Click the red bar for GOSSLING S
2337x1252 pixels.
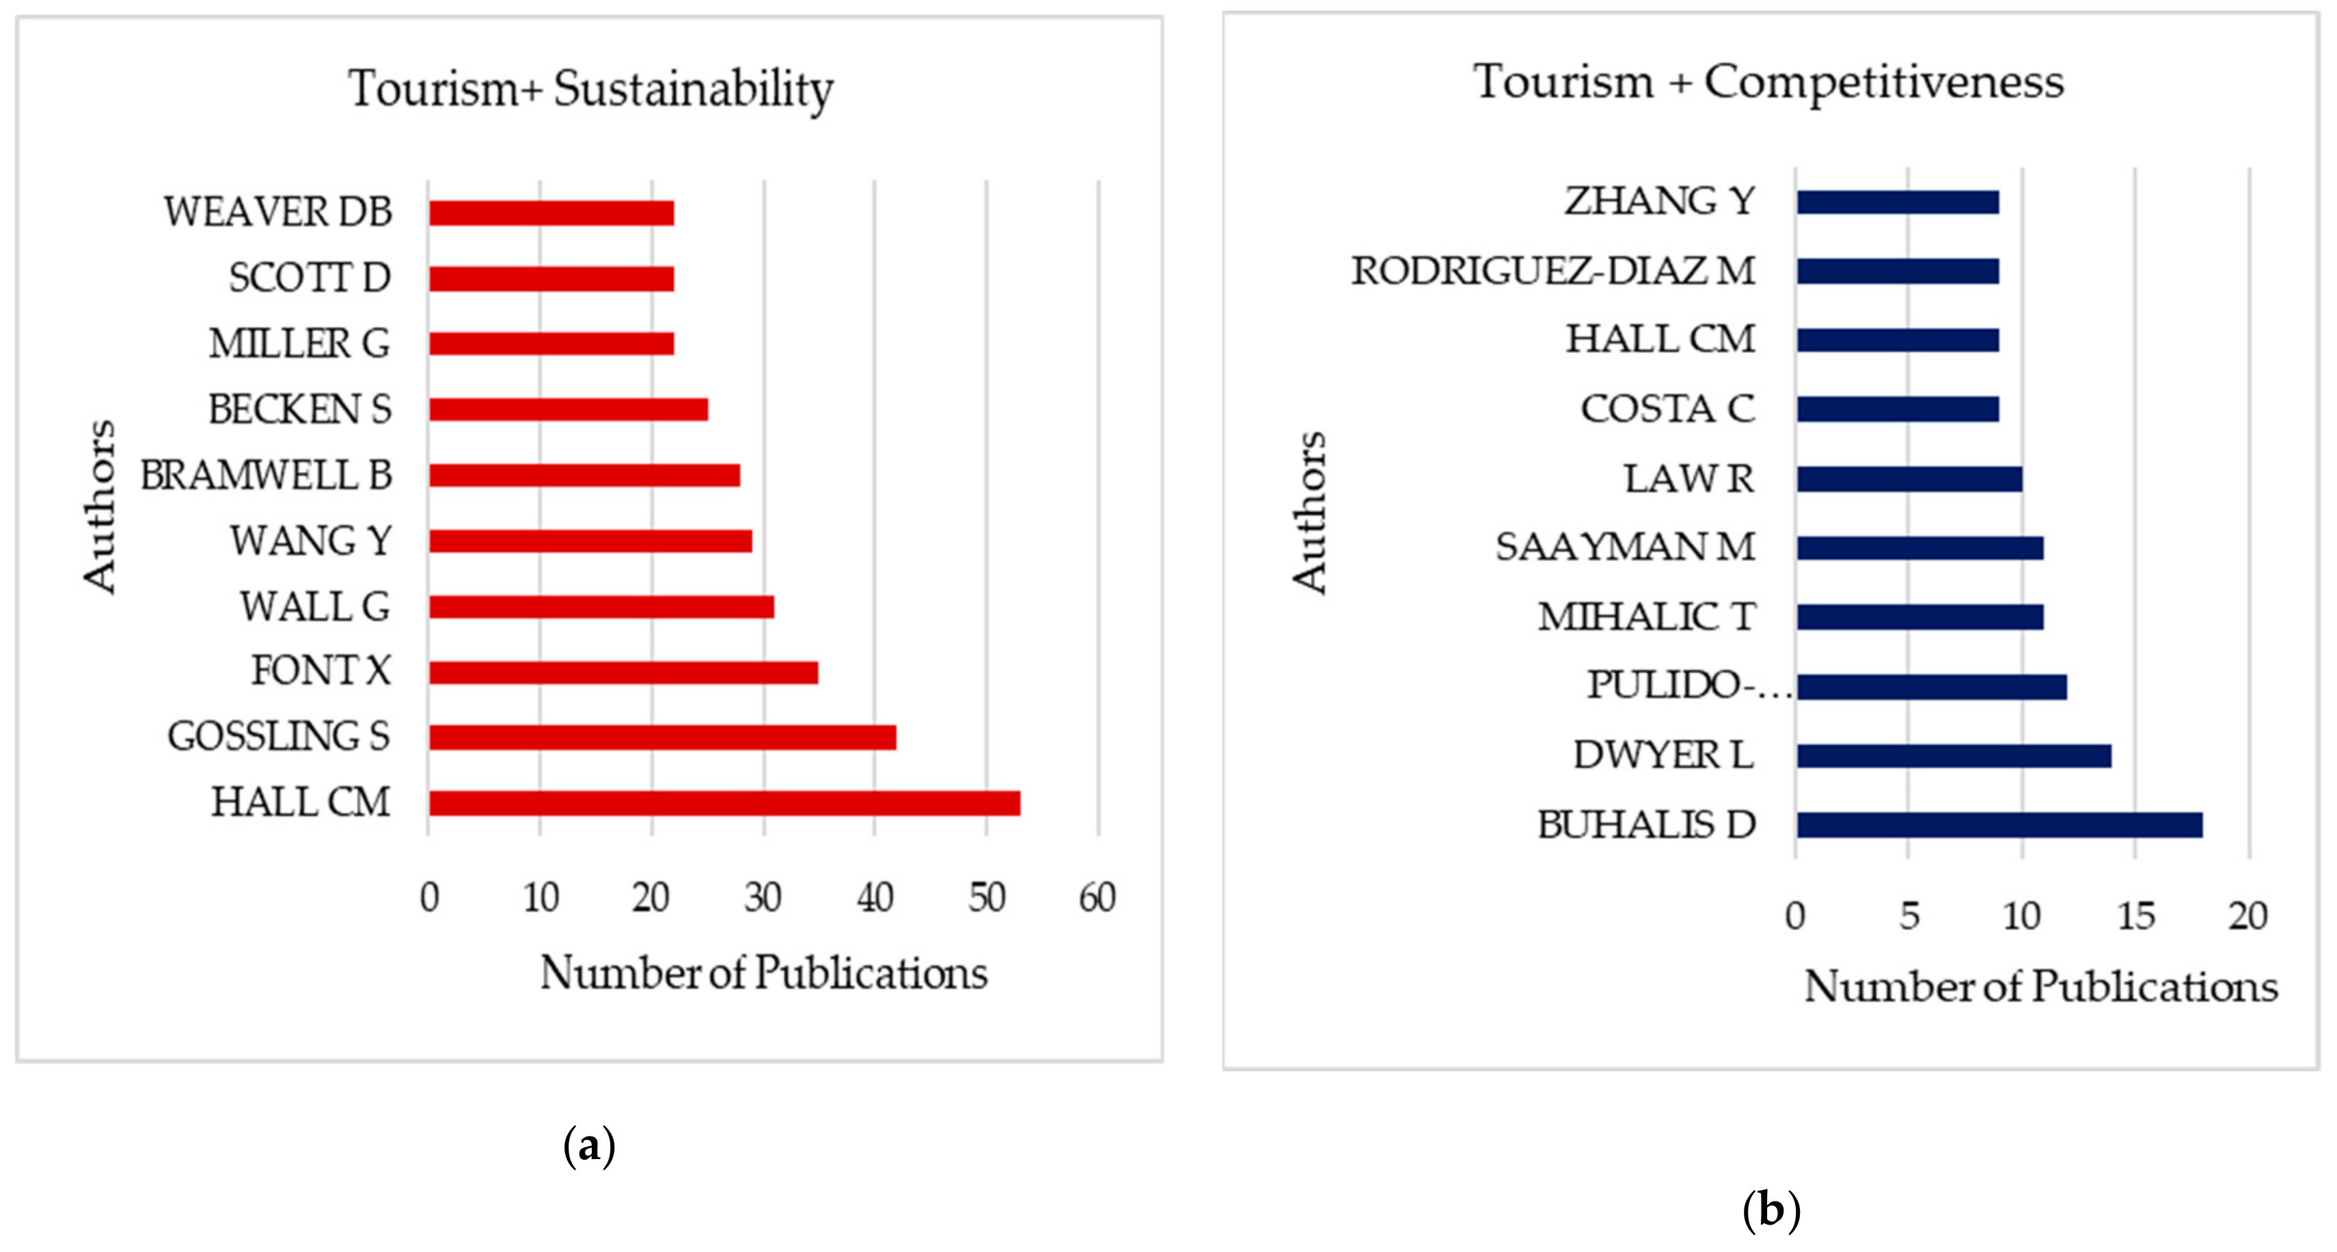tap(662, 737)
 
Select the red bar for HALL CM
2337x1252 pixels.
tap(724, 803)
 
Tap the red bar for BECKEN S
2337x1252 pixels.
tap(568, 409)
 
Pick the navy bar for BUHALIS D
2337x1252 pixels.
tap(1999, 825)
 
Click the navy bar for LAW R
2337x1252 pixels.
tap(1909, 479)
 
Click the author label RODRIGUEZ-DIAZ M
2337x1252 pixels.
tap(1553, 271)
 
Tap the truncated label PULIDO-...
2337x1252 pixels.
tap(1687, 685)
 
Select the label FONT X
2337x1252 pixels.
tap(320, 671)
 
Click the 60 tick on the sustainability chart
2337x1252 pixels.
tap(1097, 897)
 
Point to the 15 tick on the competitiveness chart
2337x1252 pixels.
tap(2135, 916)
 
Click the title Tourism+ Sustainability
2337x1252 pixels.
tap(590, 88)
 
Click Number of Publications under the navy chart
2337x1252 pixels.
tap(2040, 986)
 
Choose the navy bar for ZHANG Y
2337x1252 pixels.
tap(1897, 202)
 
